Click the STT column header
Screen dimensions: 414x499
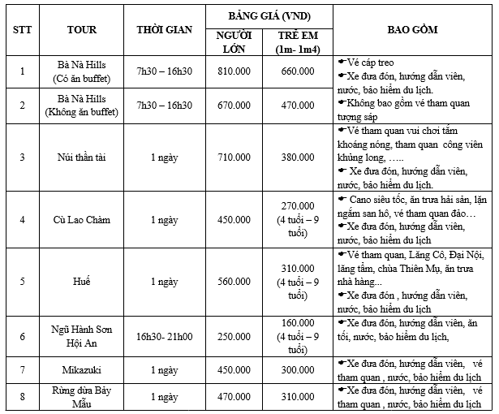point(22,29)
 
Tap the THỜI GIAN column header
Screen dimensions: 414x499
point(165,29)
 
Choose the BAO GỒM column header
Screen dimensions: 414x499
point(414,29)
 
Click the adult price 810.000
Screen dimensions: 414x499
point(234,71)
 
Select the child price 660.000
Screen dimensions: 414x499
point(298,71)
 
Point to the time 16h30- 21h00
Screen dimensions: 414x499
point(165,336)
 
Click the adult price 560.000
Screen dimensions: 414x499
point(234,282)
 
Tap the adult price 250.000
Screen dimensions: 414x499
point(234,336)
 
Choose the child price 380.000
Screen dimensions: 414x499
point(298,157)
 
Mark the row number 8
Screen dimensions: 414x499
point(22,396)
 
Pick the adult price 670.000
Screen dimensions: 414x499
point(234,106)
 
